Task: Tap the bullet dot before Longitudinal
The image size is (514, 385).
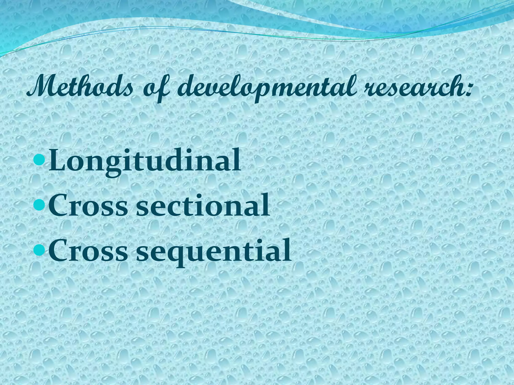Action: pyautogui.click(x=39, y=159)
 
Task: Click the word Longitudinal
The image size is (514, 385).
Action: pyautogui.click(x=145, y=160)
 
